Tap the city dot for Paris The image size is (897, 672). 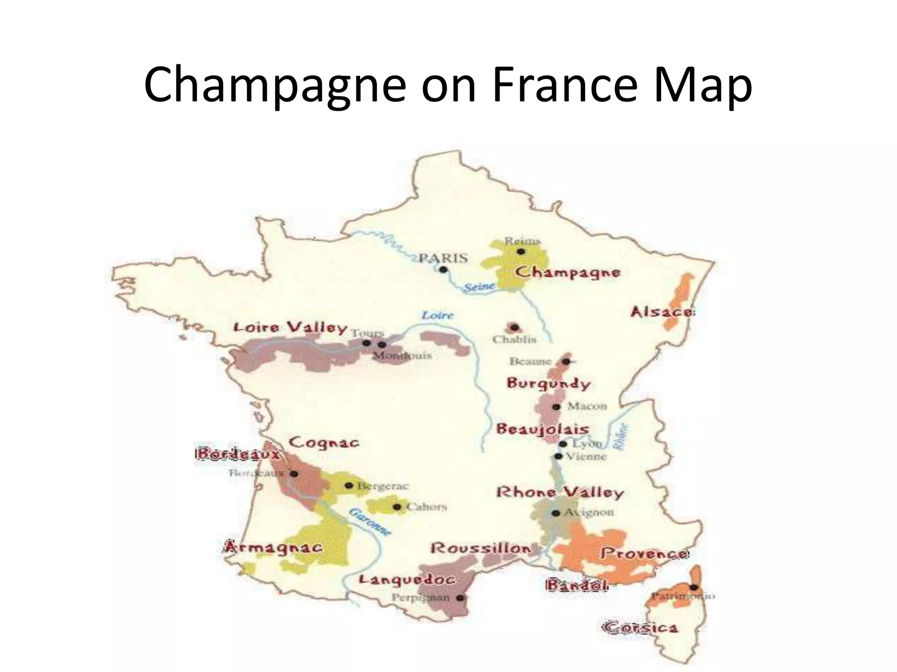[x=443, y=269]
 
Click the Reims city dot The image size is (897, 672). [x=521, y=251]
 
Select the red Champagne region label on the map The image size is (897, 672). [x=568, y=273]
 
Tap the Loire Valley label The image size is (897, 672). [x=290, y=328]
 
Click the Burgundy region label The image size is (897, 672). [x=549, y=383]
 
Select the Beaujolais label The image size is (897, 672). [x=543, y=429]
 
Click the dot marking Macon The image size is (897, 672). [x=556, y=407]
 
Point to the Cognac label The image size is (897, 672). [x=324, y=442]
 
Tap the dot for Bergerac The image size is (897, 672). [x=349, y=485]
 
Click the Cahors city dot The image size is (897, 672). [x=397, y=507]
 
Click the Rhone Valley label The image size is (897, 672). [x=560, y=493]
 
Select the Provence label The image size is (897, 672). [x=644, y=553]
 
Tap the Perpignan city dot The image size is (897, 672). [x=460, y=598]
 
